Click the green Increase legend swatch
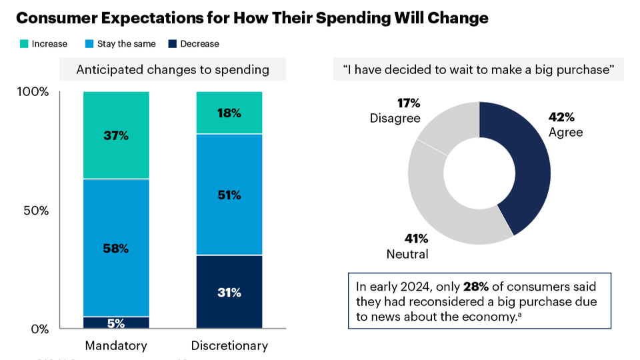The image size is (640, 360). coord(24,44)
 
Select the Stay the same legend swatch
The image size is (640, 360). coord(89,44)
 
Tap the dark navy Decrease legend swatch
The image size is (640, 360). coord(173,44)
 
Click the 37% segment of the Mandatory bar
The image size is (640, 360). coord(116,135)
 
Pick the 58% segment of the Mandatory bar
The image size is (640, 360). coord(116,248)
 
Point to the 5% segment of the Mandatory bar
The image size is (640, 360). coord(116,323)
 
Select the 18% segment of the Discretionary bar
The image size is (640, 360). coord(229,113)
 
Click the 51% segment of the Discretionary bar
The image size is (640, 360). coord(229,195)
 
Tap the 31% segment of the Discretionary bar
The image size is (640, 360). coord(229,292)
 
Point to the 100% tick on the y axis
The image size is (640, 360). coord(33,92)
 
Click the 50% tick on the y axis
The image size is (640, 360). coord(36,211)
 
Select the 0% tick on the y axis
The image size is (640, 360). coord(40,329)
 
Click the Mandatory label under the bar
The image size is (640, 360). coord(116,346)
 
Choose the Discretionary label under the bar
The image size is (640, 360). coord(229,346)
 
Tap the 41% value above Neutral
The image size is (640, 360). coord(416,239)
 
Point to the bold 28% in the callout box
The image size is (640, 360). coord(476,287)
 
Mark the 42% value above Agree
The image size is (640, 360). coord(561,117)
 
